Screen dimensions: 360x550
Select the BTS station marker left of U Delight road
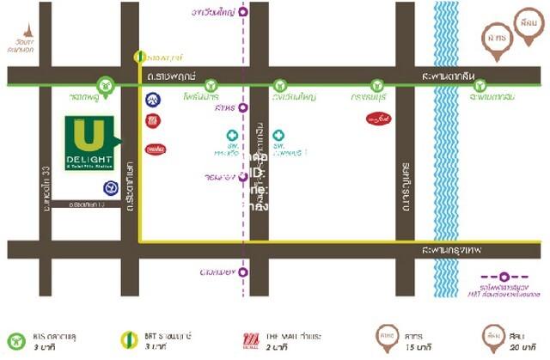105,85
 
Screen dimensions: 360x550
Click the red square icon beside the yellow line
153,121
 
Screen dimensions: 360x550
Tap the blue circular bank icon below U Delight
110,187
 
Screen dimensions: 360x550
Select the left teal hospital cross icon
232,136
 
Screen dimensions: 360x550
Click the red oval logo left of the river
376,118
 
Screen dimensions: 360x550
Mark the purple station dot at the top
244,12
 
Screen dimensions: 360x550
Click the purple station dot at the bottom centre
244,272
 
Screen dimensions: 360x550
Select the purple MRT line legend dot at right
505,277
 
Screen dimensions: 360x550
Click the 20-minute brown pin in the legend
492,335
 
